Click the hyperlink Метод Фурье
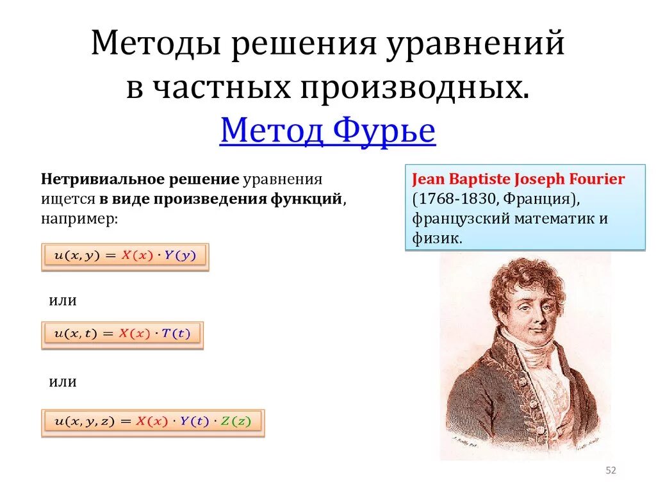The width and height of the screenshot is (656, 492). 327,131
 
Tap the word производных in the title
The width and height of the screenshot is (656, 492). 413,87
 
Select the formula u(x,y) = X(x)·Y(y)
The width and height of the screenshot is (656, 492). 125,256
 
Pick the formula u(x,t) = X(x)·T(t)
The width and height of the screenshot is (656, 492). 122,334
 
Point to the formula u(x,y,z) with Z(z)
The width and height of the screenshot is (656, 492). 152,422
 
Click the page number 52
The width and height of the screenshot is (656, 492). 611,471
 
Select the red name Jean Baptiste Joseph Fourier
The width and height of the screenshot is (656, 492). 518,179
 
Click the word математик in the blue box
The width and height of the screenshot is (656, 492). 548,218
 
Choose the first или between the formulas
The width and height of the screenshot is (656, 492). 63,300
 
